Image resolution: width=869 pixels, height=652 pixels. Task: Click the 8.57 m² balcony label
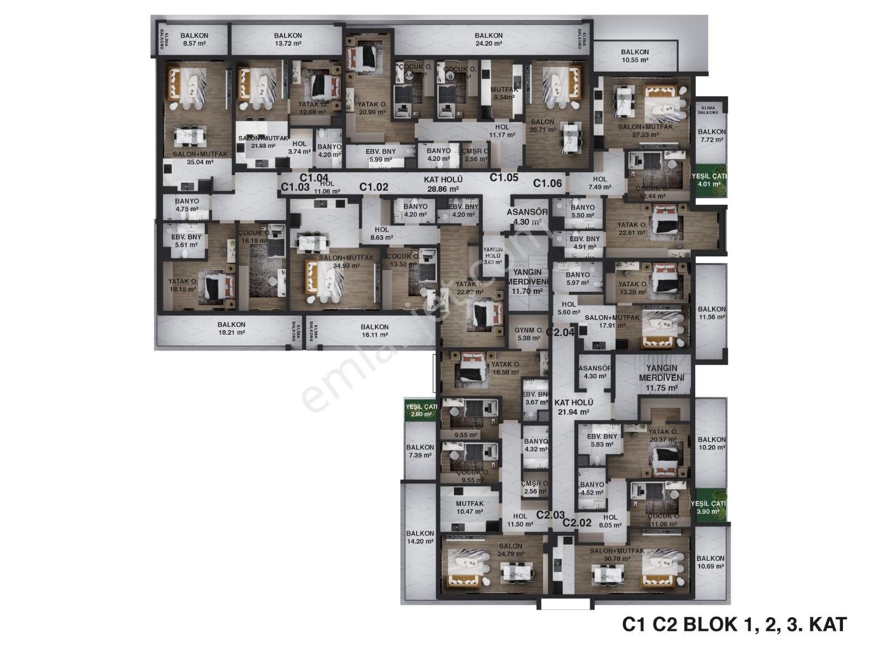(194, 39)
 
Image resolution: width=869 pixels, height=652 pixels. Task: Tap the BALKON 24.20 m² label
(488, 39)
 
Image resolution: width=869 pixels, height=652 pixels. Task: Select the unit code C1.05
(504, 177)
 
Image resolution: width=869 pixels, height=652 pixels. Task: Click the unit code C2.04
(560, 331)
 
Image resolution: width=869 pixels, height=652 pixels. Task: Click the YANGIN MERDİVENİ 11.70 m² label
(526, 282)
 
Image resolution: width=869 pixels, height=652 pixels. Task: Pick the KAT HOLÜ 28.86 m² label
(443, 184)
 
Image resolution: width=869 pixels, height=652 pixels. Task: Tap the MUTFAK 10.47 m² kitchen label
(469, 507)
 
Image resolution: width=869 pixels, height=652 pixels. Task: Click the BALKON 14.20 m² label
(420, 537)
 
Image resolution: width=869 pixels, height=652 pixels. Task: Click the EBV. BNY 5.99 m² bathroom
(380, 155)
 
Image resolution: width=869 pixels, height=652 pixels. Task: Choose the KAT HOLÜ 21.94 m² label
(574, 407)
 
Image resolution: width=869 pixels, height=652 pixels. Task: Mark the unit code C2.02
(577, 523)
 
